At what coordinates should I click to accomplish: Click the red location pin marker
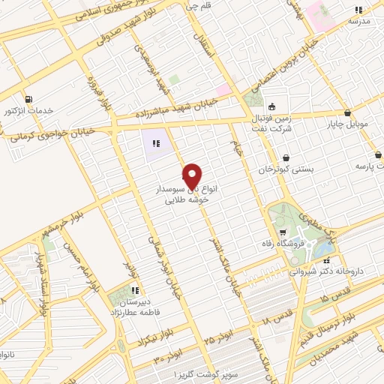tap(192, 175)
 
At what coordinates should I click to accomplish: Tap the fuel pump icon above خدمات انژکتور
tap(28, 98)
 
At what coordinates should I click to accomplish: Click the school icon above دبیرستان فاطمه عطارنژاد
tap(133, 290)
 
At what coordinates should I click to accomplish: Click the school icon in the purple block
tap(157, 143)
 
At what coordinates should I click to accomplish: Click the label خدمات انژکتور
tap(29, 110)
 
